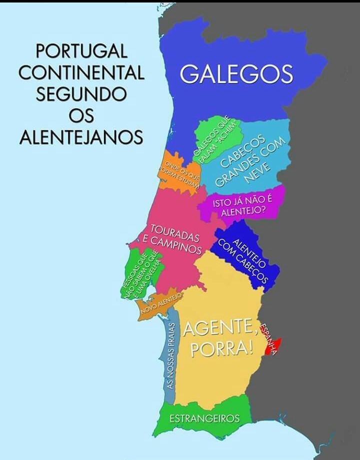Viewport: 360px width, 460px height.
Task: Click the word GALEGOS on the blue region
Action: [236, 74]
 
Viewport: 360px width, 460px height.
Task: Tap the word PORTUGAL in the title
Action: [81, 51]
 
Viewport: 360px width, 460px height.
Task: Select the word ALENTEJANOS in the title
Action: [81, 137]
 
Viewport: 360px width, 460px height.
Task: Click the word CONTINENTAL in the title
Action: [81, 73]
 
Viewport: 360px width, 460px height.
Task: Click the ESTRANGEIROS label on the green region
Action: [204, 419]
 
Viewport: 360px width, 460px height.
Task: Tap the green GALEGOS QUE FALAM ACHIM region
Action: [216, 137]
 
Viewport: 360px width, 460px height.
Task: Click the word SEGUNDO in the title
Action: [81, 94]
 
